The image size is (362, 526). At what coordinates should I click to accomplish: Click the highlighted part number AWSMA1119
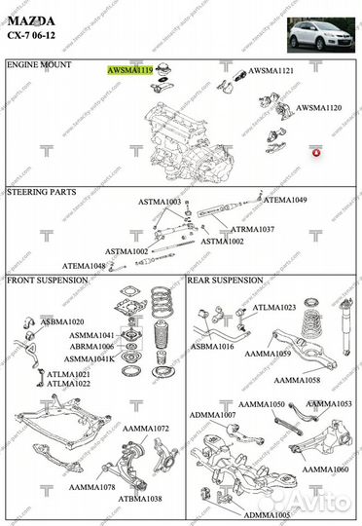(x=130, y=71)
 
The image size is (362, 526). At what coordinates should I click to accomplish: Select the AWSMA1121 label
(x=272, y=71)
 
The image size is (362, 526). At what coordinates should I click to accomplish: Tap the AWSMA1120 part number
(x=318, y=108)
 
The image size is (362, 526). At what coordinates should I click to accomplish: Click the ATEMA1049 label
(x=285, y=200)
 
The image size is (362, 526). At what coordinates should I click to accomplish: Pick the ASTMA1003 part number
(x=159, y=203)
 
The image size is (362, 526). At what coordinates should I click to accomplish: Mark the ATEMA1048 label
(x=85, y=266)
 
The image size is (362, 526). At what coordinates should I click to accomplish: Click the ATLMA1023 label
(x=274, y=308)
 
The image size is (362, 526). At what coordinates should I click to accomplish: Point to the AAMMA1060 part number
(x=324, y=470)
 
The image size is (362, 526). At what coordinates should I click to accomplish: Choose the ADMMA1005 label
(x=266, y=514)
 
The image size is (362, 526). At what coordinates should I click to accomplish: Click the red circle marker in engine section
(x=315, y=153)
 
